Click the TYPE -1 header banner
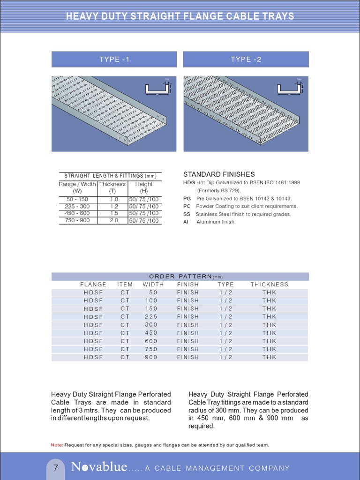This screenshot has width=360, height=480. point(114,60)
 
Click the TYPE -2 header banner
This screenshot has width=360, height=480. point(246,60)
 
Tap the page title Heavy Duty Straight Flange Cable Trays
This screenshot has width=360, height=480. point(180,16)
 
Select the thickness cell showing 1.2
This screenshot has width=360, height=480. point(112,206)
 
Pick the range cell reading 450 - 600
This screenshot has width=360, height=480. point(77,213)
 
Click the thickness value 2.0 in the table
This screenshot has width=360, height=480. point(112,220)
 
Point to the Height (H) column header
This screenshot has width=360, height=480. point(144,187)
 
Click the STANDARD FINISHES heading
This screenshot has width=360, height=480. point(219,174)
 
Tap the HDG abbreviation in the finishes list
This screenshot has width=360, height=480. point(189,182)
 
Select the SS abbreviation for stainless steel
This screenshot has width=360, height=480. point(186,214)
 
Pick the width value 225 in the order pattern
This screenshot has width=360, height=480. point(150,317)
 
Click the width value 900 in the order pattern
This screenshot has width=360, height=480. point(150,357)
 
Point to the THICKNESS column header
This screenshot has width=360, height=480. point(269,285)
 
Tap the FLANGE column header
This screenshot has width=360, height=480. point(93,285)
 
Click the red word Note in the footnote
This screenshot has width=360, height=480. point(56,445)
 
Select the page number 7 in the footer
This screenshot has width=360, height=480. point(56,468)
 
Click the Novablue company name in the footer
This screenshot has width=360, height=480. point(99,467)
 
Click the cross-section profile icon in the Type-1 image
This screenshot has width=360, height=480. point(157,88)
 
